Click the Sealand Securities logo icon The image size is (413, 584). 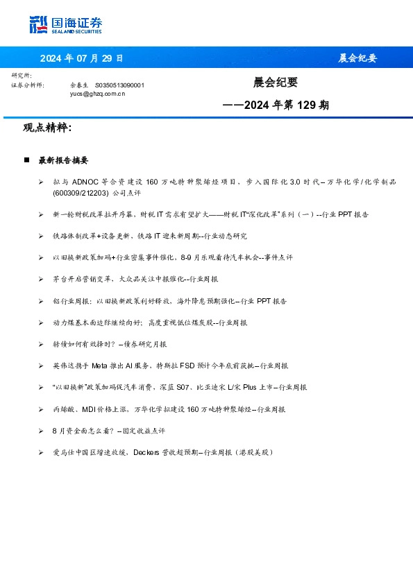click(x=39, y=24)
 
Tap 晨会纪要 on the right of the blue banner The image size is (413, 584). click(x=357, y=58)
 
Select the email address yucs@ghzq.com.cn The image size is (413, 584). click(x=97, y=93)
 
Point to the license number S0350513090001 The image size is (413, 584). click(x=119, y=85)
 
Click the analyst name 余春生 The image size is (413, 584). click(x=78, y=85)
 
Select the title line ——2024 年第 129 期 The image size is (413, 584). click(x=276, y=105)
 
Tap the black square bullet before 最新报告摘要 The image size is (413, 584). click(x=26, y=160)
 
